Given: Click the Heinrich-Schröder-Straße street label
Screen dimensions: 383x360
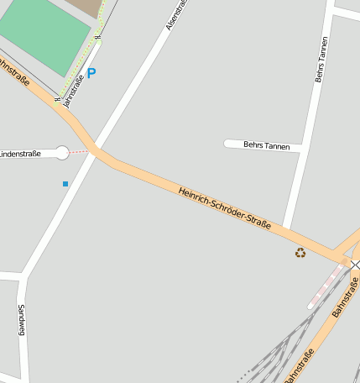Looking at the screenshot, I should [224, 208].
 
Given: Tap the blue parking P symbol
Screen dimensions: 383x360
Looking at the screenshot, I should [91, 73].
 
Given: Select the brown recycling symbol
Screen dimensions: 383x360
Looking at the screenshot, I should [300, 252].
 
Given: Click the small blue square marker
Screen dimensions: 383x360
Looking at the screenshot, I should [65, 183].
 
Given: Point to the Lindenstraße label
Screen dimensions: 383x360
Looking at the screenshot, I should [20, 154].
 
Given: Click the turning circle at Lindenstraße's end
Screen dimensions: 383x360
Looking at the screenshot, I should [61, 152].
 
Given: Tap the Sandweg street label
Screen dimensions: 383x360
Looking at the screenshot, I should [21, 320].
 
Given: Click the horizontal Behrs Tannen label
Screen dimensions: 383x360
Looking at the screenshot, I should [266, 145].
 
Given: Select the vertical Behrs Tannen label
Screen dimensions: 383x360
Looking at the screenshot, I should [321, 60].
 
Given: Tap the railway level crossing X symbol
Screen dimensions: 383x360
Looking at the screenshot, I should [354, 265].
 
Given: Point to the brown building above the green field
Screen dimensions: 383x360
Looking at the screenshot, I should [84, 8].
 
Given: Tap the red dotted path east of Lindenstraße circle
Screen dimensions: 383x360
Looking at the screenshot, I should [79, 152].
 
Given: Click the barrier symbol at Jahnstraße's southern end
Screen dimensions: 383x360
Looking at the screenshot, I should [58, 100].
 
